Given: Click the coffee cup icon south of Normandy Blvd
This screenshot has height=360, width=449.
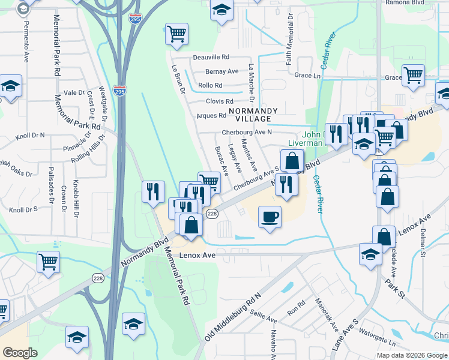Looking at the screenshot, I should tap(270, 216).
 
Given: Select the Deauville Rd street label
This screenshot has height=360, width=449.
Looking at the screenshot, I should tap(211, 58).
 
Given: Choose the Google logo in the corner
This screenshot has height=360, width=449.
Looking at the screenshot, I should tap(20, 352).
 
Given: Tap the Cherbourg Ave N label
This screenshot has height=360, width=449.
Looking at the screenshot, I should tap(247, 132).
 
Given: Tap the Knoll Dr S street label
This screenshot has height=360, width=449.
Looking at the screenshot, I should tap(23, 210).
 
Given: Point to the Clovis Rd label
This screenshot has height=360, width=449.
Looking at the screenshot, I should tap(219, 101).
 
